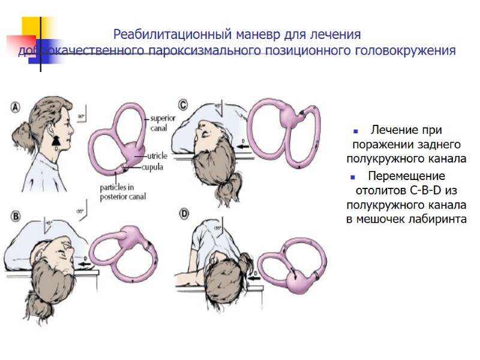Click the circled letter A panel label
coord(16,107)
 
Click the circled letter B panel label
coord(16,215)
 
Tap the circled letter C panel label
coord(182,103)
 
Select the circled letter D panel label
coord(183,213)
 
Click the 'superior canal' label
coord(162,122)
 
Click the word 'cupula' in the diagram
coord(154,167)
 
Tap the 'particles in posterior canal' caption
coord(122,191)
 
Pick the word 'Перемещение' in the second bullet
coord(406,176)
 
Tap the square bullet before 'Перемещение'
coord(355,177)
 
